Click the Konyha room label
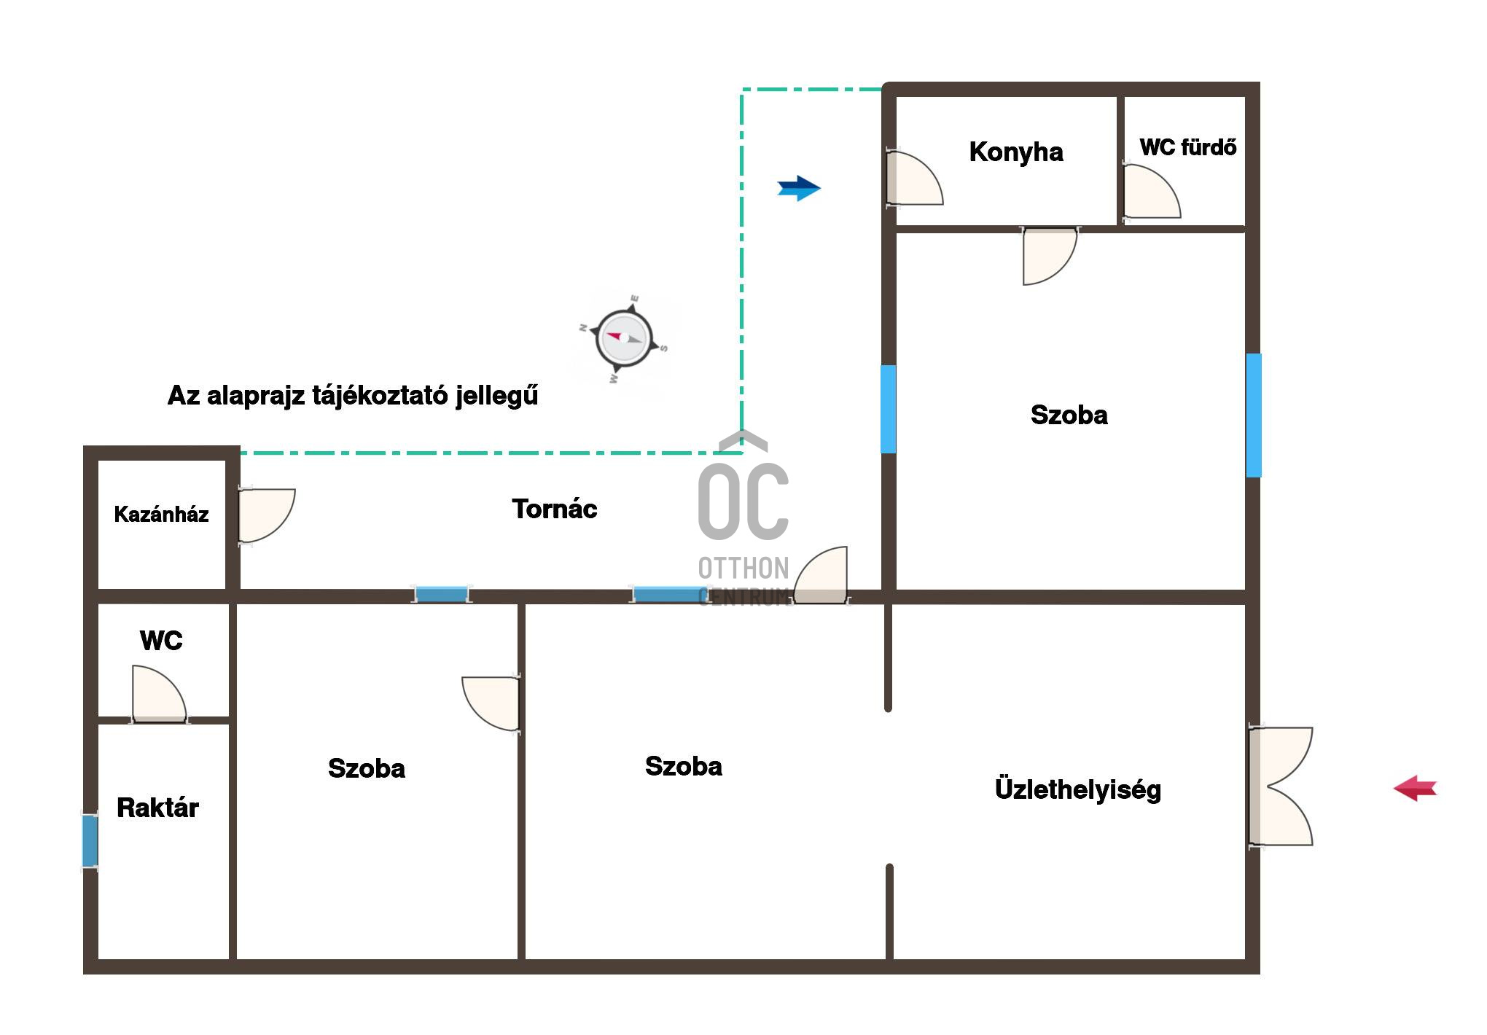click(1015, 152)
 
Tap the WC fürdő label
click(1188, 147)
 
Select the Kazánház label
click(161, 515)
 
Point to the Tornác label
click(554, 509)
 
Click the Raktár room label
click(157, 808)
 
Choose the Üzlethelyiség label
click(1077, 789)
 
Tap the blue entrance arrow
click(799, 188)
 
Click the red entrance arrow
click(1415, 788)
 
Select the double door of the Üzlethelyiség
click(1281, 786)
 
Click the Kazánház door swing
click(267, 515)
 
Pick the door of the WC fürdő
click(1152, 191)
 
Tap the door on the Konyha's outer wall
click(914, 177)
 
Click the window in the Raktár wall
click(90, 841)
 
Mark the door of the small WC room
click(159, 693)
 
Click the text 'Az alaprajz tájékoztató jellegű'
click(353, 396)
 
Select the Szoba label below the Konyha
click(1069, 415)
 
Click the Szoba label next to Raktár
click(367, 768)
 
